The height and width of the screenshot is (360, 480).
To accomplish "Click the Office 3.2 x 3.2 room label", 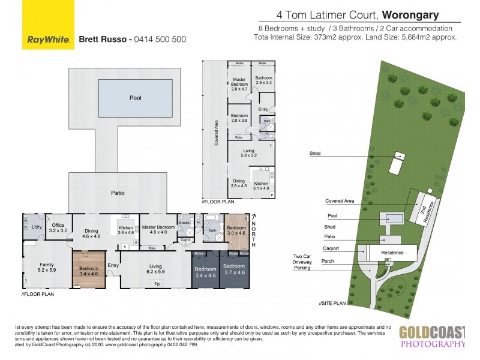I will pos(58,228).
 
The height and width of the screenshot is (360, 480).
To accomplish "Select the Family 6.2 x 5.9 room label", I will pos(46,267).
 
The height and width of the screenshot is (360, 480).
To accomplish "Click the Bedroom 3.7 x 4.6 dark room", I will pos(235,271).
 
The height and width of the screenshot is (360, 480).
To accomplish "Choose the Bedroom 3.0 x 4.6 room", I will pos(236,231).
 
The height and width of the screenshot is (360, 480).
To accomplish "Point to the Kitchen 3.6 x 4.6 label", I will pos(126,230).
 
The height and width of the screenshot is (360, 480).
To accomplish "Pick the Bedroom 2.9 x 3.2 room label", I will pos(263,81).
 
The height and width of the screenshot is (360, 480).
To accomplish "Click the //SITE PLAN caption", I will pos(333,304).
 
